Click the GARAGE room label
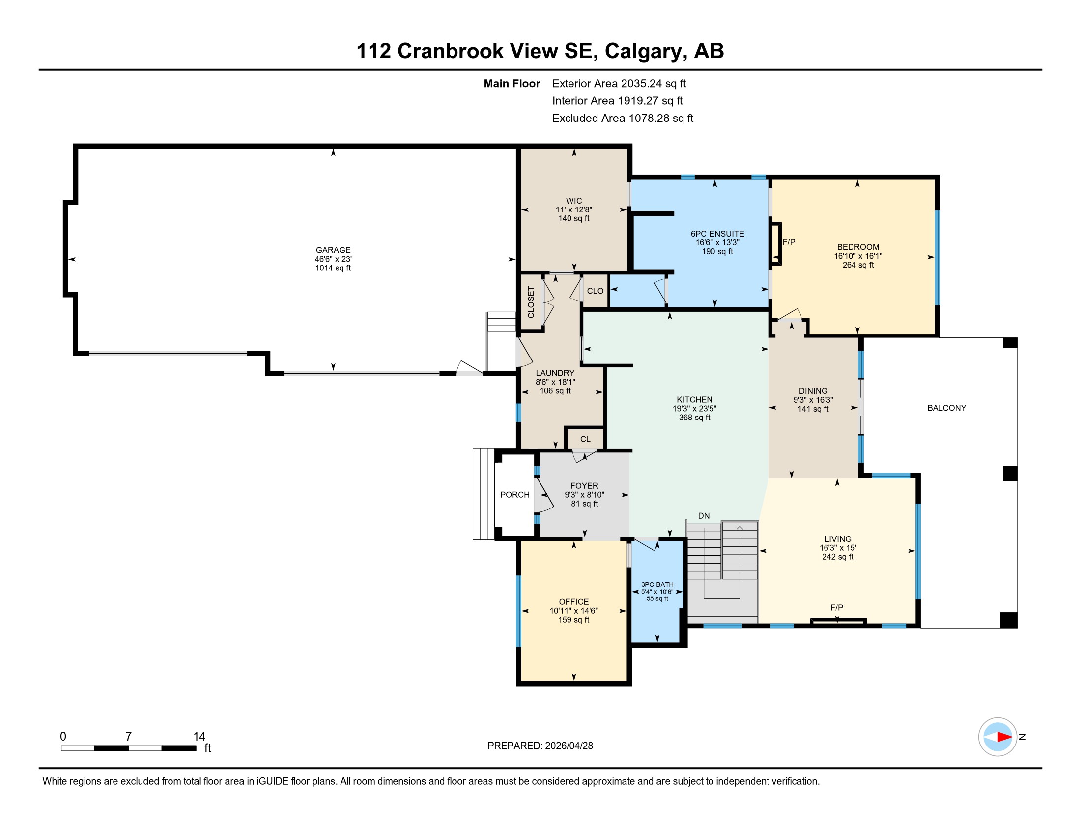click(x=333, y=250)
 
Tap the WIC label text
click(x=573, y=201)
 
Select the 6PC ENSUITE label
click(x=717, y=234)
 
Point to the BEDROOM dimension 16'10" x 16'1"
click(x=858, y=256)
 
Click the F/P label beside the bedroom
click(x=789, y=242)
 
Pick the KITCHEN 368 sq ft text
click(x=694, y=418)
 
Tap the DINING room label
click(x=813, y=391)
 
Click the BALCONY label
click(x=946, y=408)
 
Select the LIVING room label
click(x=837, y=539)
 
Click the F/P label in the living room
click(x=836, y=607)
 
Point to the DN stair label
click(x=703, y=515)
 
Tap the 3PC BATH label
click(x=657, y=584)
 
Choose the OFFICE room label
click(x=573, y=602)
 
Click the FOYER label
click(x=584, y=486)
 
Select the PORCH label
click(x=515, y=495)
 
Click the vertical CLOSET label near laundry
click(x=531, y=302)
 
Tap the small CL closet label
click(x=585, y=439)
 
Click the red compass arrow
click(x=1005, y=737)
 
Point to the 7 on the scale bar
click(x=128, y=736)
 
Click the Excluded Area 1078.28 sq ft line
click(x=623, y=119)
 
